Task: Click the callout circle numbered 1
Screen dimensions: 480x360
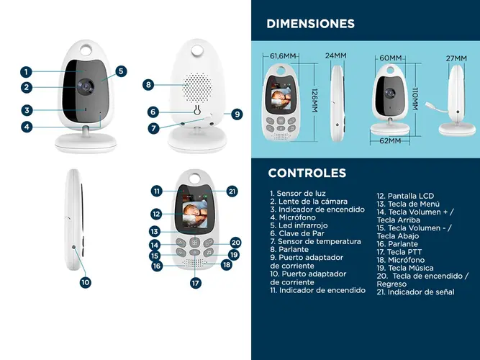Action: coord(26,72)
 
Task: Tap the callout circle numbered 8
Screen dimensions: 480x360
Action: coord(148,84)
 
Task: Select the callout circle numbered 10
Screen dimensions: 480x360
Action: coord(86,282)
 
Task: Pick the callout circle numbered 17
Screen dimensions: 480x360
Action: coord(196,282)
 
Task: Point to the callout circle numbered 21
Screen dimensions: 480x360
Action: coord(232,192)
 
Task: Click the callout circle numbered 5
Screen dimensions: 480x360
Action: coord(121,71)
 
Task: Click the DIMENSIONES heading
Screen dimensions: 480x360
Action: coord(310,24)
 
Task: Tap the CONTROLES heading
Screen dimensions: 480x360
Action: coord(307,173)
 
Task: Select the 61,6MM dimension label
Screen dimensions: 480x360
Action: coord(283,56)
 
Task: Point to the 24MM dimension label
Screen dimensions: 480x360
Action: coord(336,55)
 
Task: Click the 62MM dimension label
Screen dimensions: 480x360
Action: coord(390,140)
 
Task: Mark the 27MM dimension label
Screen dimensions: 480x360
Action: coord(456,58)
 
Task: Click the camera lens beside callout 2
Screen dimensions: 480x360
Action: coord(86,87)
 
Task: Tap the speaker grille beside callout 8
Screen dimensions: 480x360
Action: coord(197,88)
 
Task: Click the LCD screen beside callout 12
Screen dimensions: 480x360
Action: coord(195,211)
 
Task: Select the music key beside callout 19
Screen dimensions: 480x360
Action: coord(209,253)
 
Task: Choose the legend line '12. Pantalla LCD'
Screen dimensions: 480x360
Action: coord(405,196)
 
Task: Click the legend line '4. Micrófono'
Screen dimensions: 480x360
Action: coord(293,217)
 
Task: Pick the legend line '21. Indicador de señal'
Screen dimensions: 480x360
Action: coord(415,292)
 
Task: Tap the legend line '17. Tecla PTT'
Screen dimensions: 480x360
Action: coord(399,252)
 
